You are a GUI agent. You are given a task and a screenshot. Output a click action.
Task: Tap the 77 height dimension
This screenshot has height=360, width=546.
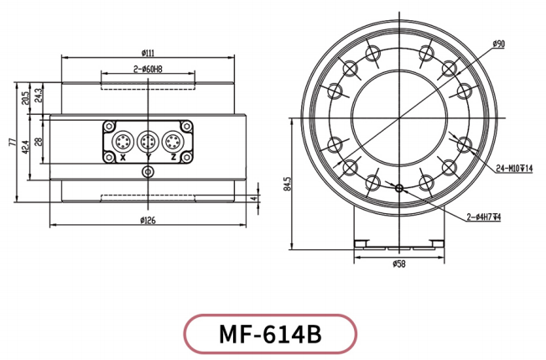[13, 143]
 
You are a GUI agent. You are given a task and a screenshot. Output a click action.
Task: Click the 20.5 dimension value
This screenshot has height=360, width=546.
[27, 99]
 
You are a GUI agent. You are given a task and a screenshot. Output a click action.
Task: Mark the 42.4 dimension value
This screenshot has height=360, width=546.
[27, 148]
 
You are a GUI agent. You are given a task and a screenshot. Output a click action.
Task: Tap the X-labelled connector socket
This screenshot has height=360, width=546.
[122, 140]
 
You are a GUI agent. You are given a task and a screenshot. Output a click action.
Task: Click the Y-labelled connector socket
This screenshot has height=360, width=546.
[148, 140]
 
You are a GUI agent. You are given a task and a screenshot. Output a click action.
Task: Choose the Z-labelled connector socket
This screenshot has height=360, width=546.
[174, 140]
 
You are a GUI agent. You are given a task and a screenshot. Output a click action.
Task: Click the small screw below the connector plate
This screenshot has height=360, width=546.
[148, 173]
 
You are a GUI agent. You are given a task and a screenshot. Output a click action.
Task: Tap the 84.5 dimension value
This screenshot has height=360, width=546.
[288, 184]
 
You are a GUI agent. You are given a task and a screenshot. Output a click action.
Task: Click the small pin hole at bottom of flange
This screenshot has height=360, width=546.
[399, 188]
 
